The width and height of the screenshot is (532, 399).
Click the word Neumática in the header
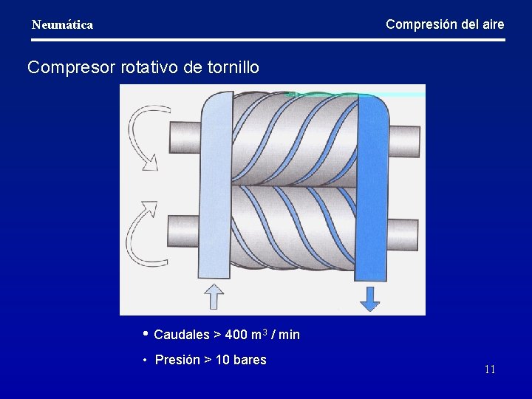(62, 25)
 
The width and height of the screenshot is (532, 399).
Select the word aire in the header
(491, 24)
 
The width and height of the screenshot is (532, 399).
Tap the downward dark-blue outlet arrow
(369, 297)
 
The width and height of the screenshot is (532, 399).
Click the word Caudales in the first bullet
(182, 335)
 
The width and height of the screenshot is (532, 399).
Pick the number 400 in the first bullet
(236, 335)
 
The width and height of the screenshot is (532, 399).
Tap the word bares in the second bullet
(250, 360)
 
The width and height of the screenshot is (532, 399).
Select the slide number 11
(490, 369)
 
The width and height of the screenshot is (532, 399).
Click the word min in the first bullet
(290, 335)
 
